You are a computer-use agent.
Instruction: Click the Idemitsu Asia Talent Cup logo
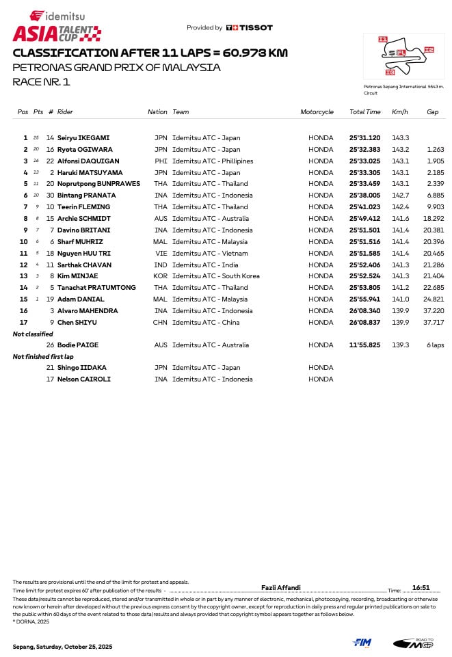pyautogui.click(x=57, y=26)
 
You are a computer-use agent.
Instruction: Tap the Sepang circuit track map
pyautogui.click(x=403, y=55)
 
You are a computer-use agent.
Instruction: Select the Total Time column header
pyautogui.click(x=364, y=112)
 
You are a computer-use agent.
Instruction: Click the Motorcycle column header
pyautogui.click(x=317, y=112)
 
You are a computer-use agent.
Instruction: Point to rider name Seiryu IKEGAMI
pyautogui.click(x=83, y=138)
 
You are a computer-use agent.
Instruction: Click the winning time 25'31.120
pyautogui.click(x=364, y=138)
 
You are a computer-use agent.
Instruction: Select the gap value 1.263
pyautogui.click(x=435, y=150)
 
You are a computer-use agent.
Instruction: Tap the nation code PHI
pyautogui.click(x=161, y=161)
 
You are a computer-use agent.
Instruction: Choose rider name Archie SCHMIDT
pyautogui.click(x=83, y=219)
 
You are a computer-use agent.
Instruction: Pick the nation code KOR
pyautogui.click(x=161, y=276)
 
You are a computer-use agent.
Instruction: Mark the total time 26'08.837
pyautogui.click(x=364, y=323)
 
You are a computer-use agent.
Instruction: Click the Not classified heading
pyautogui.click(x=33, y=334)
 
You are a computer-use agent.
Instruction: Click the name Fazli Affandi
pyautogui.click(x=280, y=588)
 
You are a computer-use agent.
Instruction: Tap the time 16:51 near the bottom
pyautogui.click(x=421, y=588)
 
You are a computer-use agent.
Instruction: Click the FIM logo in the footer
pyautogui.click(x=362, y=643)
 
